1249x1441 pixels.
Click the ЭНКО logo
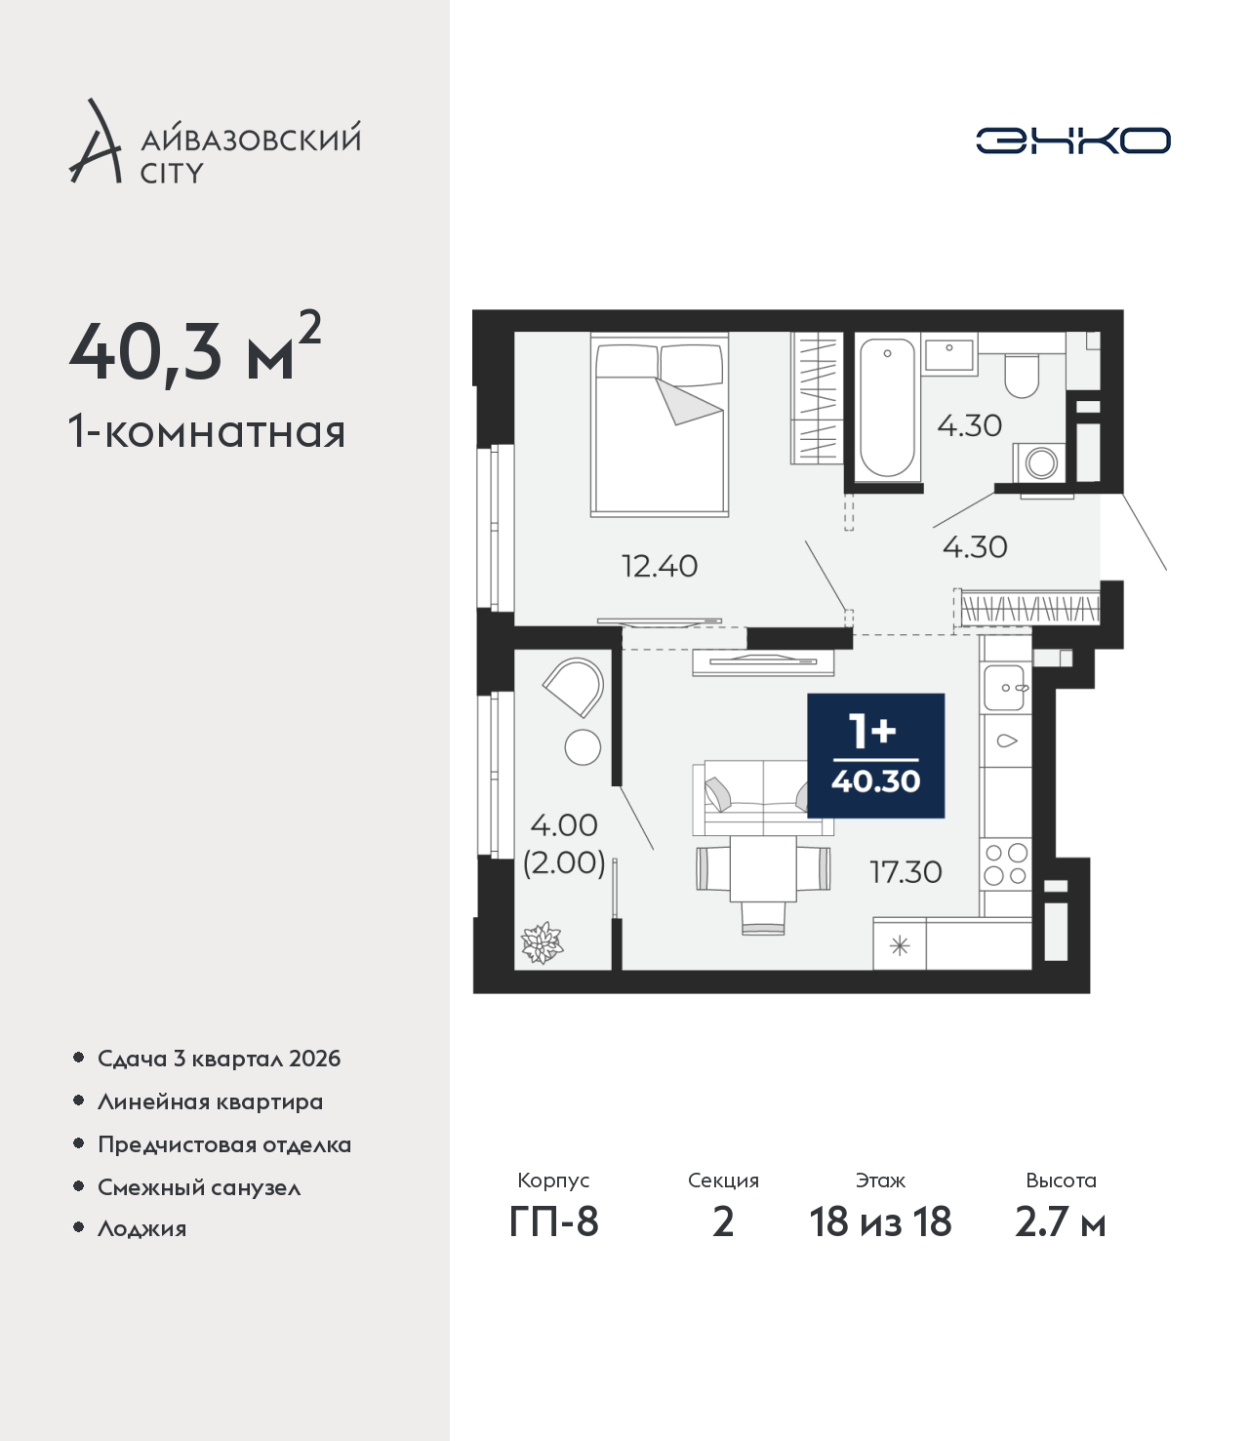click(1072, 140)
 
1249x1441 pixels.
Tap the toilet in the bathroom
click(1022, 375)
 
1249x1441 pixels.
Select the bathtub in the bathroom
click(886, 409)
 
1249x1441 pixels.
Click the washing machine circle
click(1041, 462)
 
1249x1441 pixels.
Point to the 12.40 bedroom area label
click(659, 566)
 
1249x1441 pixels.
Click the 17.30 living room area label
click(906, 871)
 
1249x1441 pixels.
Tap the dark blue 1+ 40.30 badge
click(875, 755)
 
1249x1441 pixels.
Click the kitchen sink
click(1003, 688)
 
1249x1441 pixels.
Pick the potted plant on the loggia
click(542, 942)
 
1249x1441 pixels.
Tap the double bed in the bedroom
click(659, 424)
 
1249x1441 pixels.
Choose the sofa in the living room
click(763, 797)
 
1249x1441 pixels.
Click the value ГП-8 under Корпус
click(553, 1222)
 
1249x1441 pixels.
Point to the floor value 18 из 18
click(880, 1222)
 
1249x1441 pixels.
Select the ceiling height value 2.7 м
click(1060, 1222)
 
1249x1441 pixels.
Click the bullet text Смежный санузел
click(199, 1187)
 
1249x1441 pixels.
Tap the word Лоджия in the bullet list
click(141, 1228)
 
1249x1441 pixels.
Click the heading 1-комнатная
click(207, 432)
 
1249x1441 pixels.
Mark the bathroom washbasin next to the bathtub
click(949, 354)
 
